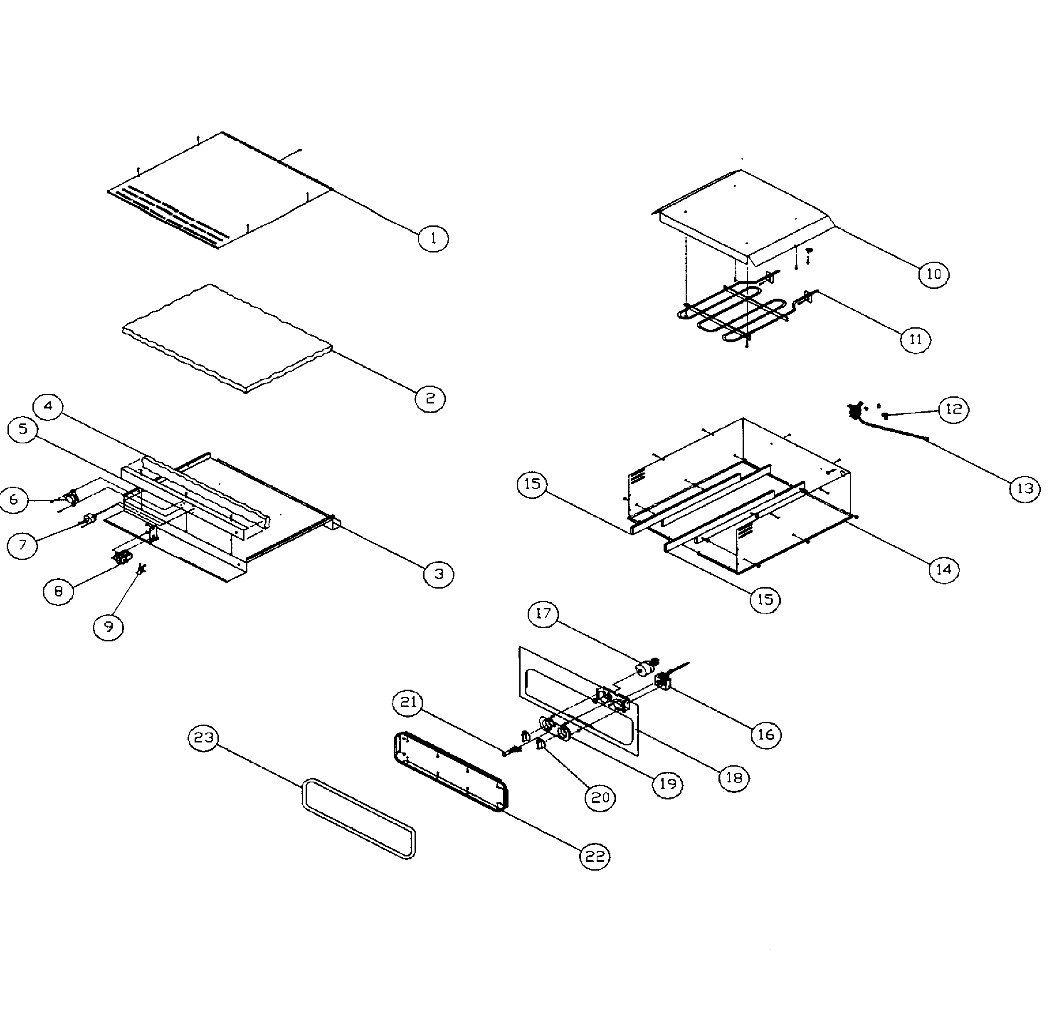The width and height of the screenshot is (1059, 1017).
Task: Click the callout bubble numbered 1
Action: click(433, 238)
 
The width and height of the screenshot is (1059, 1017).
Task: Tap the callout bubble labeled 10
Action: click(934, 274)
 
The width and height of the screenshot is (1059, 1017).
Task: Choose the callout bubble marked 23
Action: click(204, 738)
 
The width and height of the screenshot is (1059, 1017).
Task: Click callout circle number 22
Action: click(595, 856)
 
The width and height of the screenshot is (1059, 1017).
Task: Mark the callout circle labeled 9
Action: click(109, 626)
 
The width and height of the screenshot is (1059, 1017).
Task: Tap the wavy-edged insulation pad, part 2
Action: click(227, 335)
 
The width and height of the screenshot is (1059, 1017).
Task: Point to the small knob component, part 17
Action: click(644, 670)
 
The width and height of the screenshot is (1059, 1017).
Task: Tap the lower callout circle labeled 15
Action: click(765, 599)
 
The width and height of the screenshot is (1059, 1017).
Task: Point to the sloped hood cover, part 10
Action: click(745, 216)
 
